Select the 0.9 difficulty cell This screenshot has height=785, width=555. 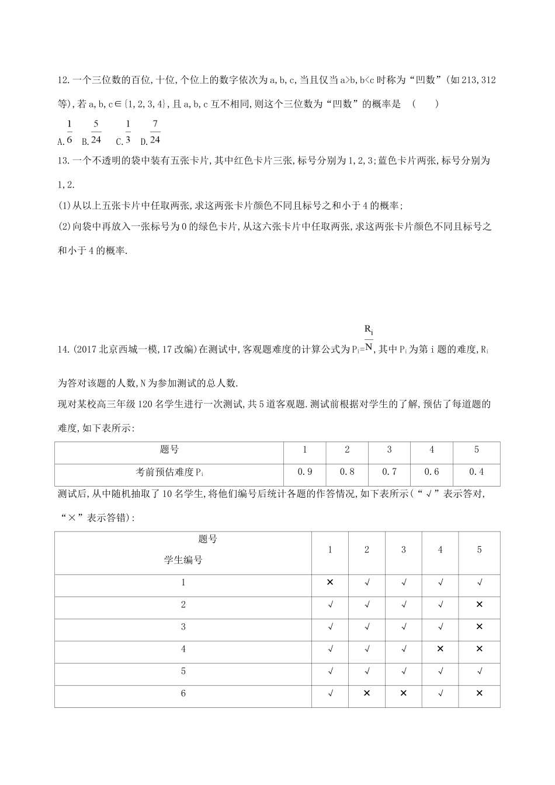[305, 472]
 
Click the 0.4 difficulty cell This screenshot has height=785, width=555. [477, 472]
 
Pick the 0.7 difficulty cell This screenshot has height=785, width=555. [389, 472]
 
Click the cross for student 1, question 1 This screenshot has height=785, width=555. [330, 582]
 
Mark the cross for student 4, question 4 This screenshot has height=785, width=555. [440, 649]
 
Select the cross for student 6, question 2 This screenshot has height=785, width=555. [367, 693]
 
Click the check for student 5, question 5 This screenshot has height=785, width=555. [479, 671]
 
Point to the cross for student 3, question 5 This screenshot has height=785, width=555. [479, 627]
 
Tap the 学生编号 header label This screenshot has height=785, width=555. [183, 560]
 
